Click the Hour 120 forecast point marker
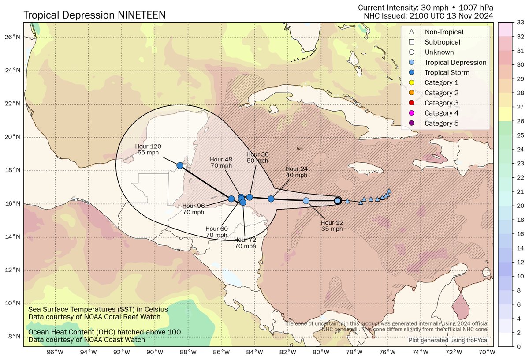180,165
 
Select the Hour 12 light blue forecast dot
306,201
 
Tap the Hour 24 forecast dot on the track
271,199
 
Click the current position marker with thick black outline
338,201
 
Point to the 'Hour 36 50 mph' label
257,157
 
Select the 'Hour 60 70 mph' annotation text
216,232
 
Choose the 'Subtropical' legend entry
443,42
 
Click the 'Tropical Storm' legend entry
447,72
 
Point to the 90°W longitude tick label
154,352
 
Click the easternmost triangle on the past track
389,191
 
